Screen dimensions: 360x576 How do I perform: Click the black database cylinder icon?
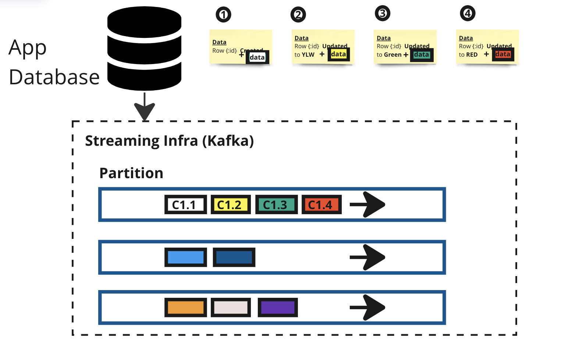point(144,49)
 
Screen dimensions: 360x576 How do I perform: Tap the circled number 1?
point(223,15)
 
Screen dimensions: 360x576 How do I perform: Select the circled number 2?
point(298,15)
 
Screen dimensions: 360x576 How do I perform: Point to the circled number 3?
point(383,14)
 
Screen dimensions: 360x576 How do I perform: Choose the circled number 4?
point(467,14)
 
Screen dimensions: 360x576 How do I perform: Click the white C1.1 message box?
point(185,205)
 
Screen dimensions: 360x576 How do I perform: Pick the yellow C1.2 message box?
point(231,205)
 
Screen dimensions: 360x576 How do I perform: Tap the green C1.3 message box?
point(276,205)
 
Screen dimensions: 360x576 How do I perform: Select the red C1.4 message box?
point(321,205)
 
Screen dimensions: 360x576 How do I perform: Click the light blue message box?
point(185,257)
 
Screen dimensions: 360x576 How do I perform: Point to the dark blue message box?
point(234,257)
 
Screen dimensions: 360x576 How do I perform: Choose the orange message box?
point(185,307)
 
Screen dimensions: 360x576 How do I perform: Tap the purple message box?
point(278,307)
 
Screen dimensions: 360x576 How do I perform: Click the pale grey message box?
point(231,307)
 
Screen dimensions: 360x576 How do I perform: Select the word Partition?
point(131,173)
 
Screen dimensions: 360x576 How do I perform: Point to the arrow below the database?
point(145,106)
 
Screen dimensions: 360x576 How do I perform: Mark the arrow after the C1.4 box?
point(367,204)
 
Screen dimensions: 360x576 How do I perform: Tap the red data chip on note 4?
point(503,54)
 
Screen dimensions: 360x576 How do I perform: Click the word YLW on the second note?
point(308,55)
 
